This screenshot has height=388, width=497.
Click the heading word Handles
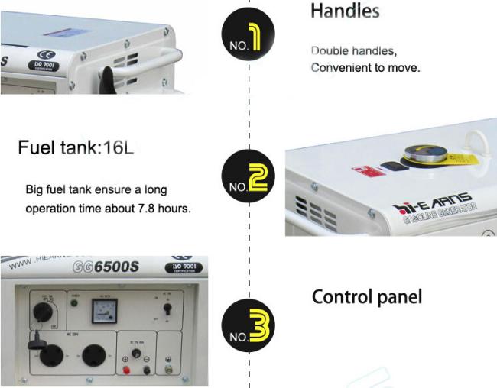coord(345,11)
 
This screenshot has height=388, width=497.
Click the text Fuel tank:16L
coord(76,147)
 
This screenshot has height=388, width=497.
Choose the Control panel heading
coord(366,296)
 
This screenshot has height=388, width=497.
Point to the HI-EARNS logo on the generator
coord(433,204)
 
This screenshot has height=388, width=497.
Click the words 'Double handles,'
coord(353,50)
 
